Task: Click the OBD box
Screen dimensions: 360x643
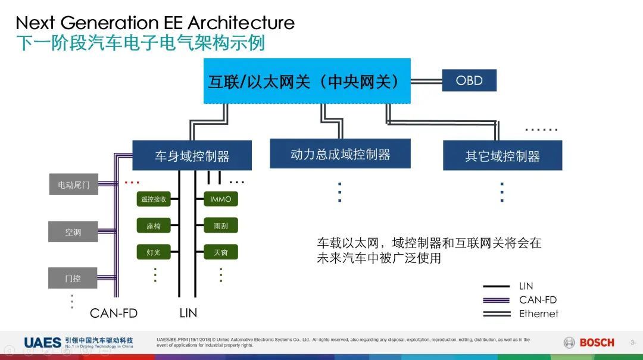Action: coord(469,80)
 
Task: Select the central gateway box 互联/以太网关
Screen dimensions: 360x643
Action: coord(307,82)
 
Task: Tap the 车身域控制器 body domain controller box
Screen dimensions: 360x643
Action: coord(192,156)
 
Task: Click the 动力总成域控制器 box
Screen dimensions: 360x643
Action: coord(340,154)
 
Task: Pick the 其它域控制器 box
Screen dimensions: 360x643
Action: coord(502,156)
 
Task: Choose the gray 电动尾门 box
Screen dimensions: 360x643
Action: coord(73,185)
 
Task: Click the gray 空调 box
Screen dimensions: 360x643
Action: coord(73,232)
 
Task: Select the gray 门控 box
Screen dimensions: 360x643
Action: coord(73,278)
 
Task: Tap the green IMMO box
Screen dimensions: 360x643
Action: coord(220,199)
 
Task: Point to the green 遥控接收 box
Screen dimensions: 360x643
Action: coord(154,199)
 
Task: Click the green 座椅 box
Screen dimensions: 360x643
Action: coord(154,226)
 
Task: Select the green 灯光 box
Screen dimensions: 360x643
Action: coord(154,252)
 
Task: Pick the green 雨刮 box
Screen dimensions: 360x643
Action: coord(220,226)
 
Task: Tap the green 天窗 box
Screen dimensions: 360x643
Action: coord(220,252)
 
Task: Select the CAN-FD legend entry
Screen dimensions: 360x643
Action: coord(538,300)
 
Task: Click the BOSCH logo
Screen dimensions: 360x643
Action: coord(589,342)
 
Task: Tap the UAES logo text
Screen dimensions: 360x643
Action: coord(42,342)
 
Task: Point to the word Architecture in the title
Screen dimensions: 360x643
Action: coord(241,23)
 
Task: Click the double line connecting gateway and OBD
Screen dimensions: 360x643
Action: coord(426,80)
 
